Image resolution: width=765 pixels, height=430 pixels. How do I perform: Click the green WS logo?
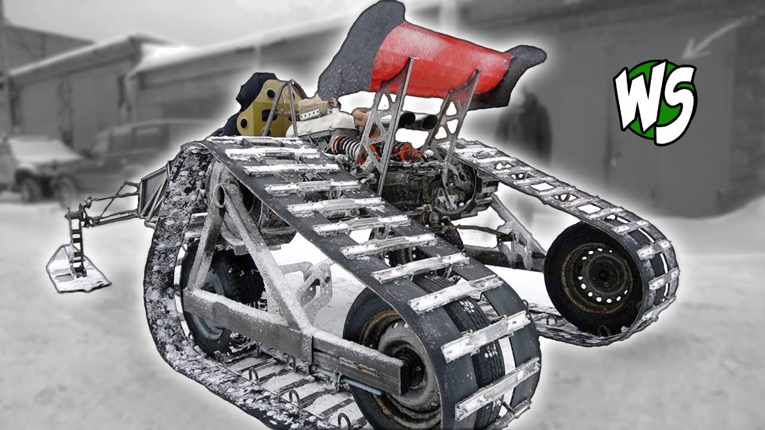pos(655,102)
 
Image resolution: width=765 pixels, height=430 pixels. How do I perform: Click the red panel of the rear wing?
pos(440,62)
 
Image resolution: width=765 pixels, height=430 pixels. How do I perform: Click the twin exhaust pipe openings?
pos(416,120)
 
